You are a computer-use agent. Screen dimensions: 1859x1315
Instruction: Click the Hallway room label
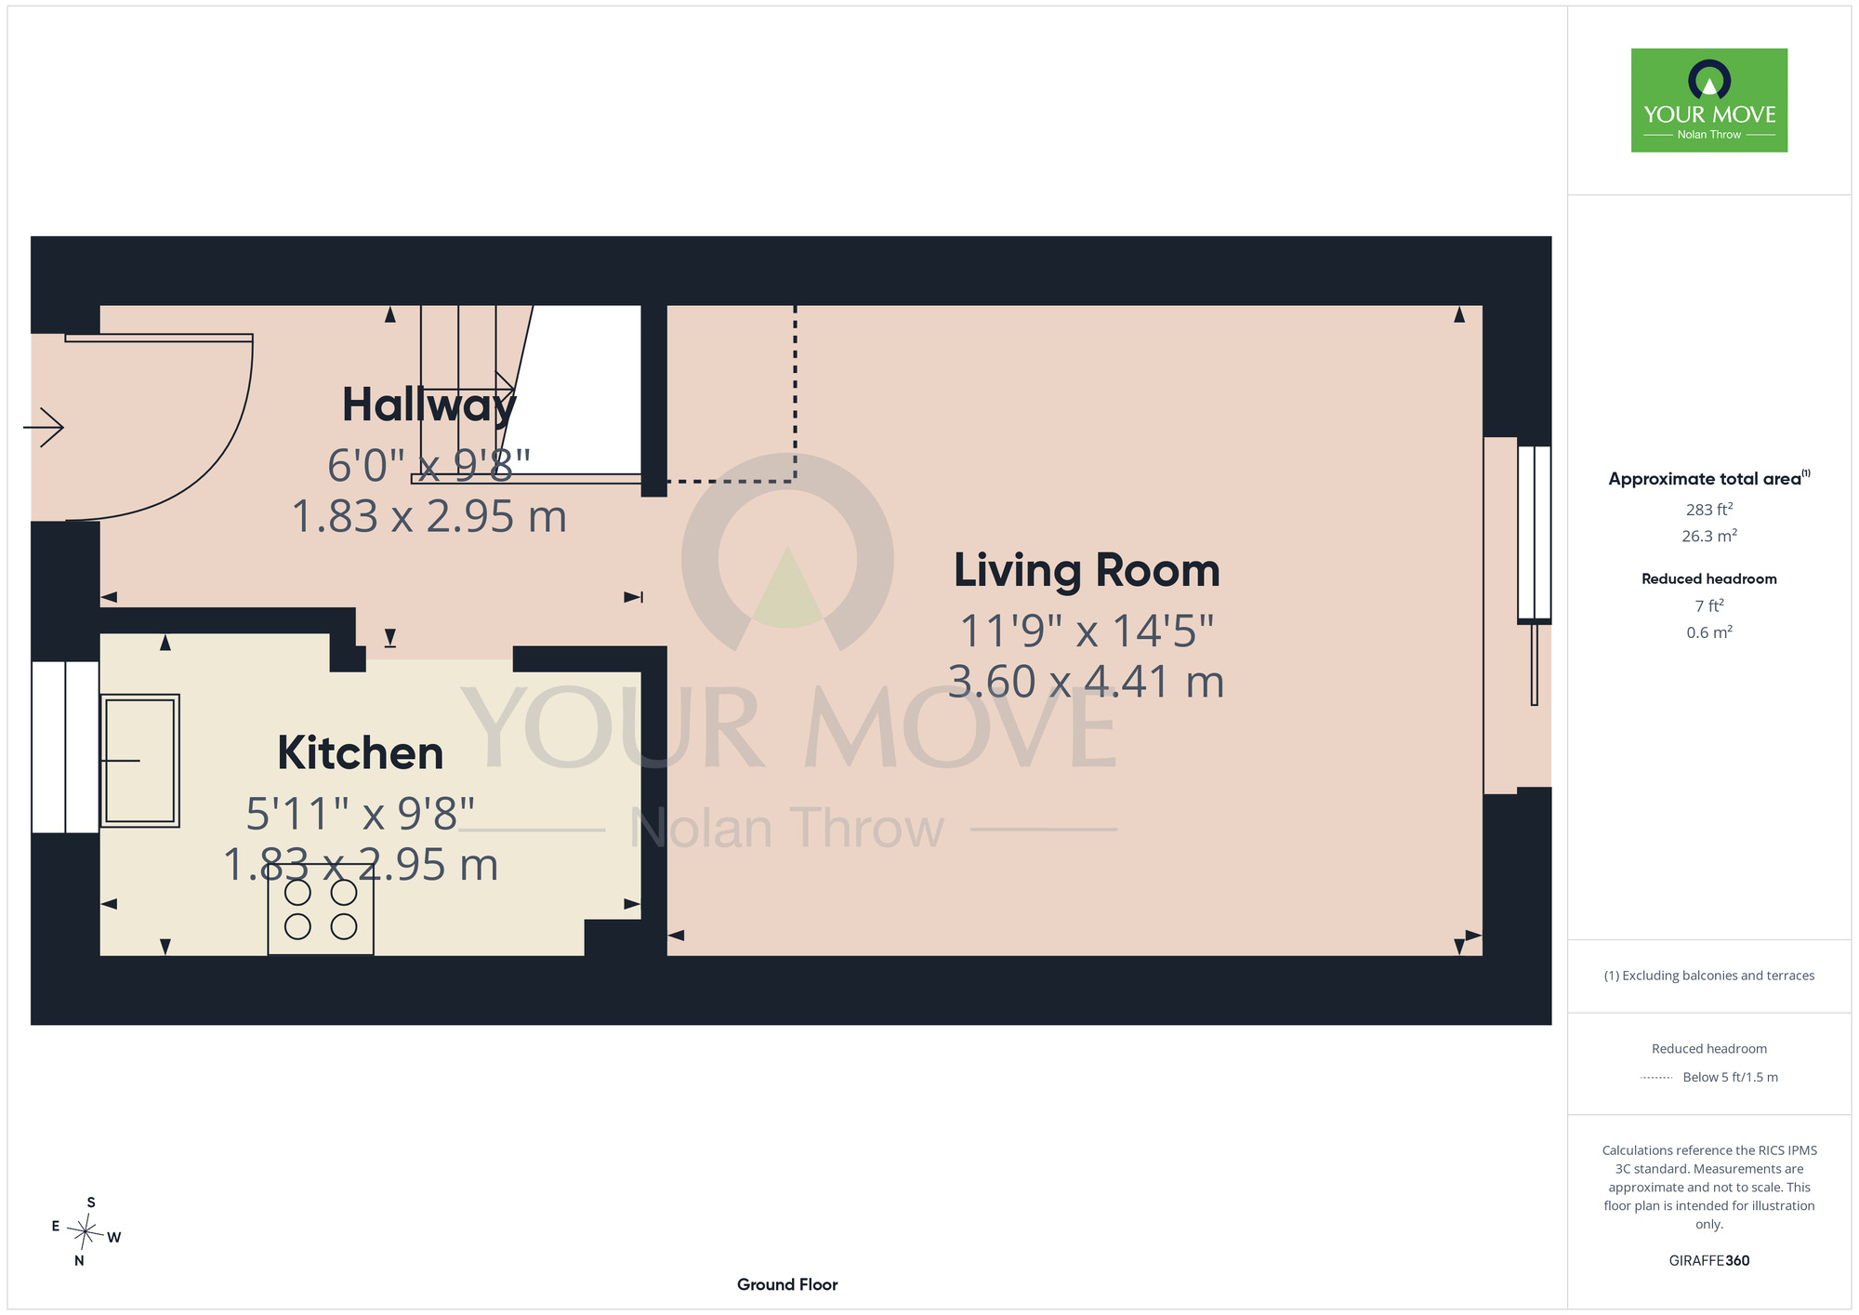click(428, 405)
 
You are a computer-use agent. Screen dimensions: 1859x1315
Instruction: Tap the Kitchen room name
click(361, 753)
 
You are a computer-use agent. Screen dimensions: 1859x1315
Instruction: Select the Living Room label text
click(1087, 571)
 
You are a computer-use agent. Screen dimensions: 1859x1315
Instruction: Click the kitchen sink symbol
click(139, 761)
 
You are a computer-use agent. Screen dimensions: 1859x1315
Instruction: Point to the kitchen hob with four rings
click(321, 915)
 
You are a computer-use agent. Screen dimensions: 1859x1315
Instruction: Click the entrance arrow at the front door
click(43, 428)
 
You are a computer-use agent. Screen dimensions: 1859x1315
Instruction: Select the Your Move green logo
click(1709, 100)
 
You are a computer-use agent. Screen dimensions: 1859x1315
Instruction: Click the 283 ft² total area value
click(1709, 510)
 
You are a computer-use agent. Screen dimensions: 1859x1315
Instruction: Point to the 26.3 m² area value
click(1709, 536)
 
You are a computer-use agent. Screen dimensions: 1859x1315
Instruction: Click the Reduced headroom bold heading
click(1709, 578)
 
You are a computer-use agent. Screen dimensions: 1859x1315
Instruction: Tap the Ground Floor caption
click(787, 1284)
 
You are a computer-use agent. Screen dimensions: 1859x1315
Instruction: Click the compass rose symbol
click(86, 1232)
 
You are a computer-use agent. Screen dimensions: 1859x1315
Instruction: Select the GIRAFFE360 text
click(1709, 1261)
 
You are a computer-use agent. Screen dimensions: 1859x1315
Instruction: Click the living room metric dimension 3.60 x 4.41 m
click(1086, 682)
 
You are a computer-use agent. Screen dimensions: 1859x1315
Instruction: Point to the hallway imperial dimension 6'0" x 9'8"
click(428, 465)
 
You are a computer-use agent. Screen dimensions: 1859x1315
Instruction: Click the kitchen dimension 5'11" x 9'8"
click(361, 814)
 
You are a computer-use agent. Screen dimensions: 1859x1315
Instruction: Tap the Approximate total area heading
click(1709, 478)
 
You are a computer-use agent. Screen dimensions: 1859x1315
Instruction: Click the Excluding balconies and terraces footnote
click(1709, 976)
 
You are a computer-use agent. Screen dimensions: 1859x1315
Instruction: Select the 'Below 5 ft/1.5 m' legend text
click(1730, 1077)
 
